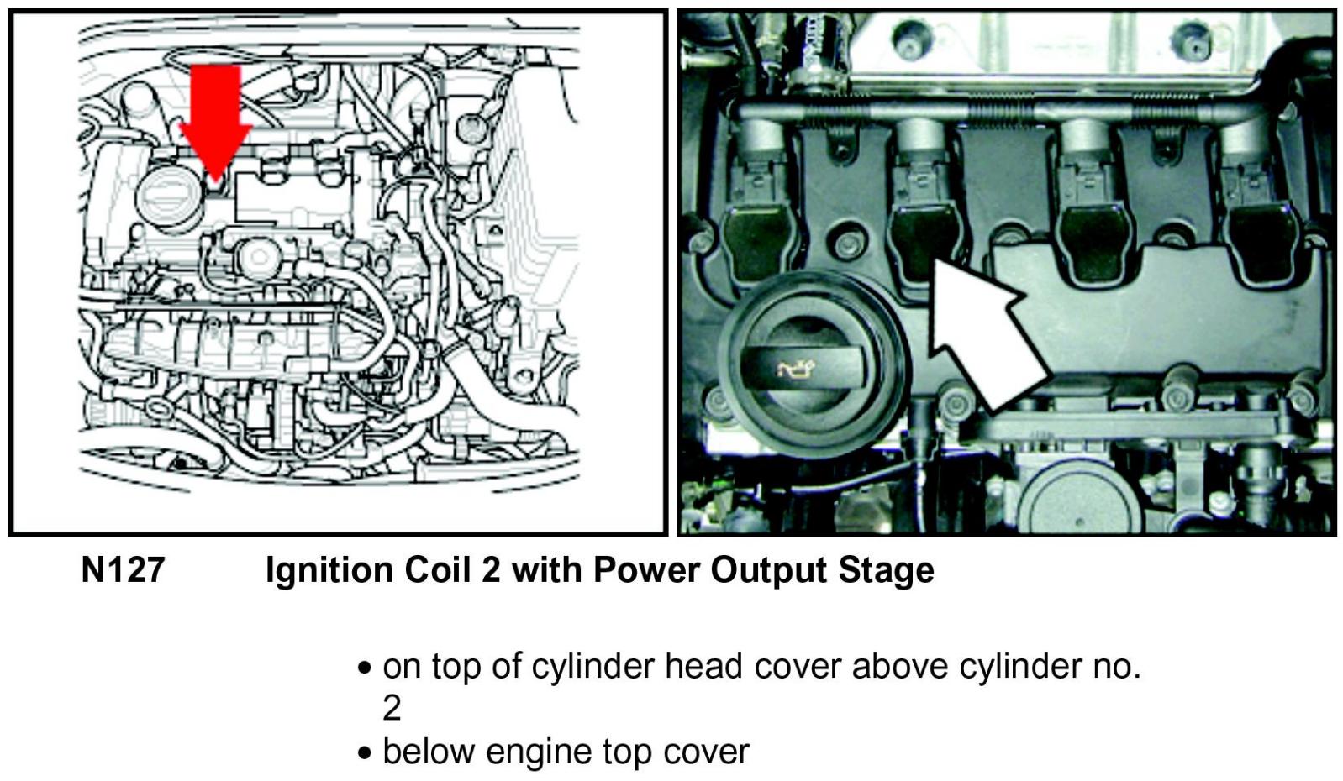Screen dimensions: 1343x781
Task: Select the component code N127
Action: pos(123,569)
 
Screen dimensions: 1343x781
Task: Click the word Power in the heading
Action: pos(646,569)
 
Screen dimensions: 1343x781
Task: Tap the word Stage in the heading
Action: pos(886,571)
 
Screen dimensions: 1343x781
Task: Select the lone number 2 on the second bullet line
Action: pos(392,709)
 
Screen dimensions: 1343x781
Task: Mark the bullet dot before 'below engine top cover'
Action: pos(364,753)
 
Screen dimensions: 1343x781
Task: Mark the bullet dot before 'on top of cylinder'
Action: pos(364,668)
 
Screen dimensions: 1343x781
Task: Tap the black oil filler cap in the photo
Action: pos(814,363)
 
